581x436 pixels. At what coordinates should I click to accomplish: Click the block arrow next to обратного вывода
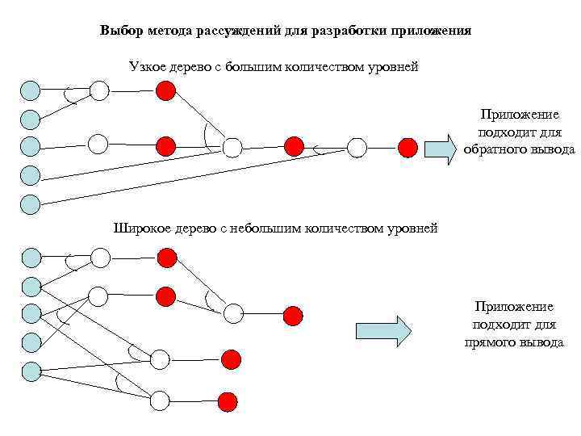click(x=441, y=149)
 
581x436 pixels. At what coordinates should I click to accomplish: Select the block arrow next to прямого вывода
click(x=383, y=331)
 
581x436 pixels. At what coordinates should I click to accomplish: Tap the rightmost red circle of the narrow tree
click(x=408, y=148)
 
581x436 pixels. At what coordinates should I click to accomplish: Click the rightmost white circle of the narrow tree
click(x=357, y=148)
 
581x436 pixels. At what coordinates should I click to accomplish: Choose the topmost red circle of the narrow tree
click(x=165, y=90)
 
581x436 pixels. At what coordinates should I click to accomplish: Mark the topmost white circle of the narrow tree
click(x=99, y=90)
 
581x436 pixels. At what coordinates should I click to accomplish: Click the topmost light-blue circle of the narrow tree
click(x=30, y=90)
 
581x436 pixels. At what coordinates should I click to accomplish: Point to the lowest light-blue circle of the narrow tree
click(x=30, y=203)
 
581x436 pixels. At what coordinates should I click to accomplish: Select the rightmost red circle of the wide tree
click(x=293, y=315)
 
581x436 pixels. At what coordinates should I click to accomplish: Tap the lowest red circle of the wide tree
click(x=228, y=400)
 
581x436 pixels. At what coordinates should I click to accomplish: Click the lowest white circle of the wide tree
click(x=160, y=400)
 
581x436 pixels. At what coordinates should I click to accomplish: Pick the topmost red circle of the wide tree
click(x=166, y=258)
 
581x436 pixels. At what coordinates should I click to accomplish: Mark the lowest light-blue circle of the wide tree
click(x=31, y=371)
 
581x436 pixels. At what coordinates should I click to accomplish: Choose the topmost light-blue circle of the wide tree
click(x=31, y=258)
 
